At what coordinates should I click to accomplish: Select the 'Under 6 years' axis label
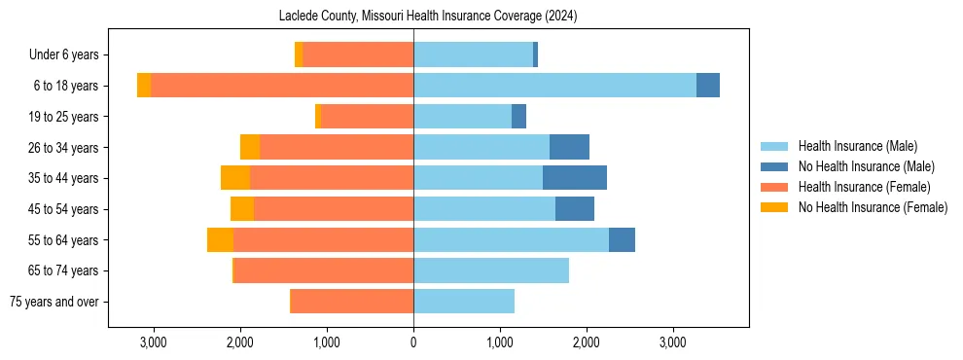69,54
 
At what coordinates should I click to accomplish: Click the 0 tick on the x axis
413,342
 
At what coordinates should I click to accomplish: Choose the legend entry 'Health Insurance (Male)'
857,146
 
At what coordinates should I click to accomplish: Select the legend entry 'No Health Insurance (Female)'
872,207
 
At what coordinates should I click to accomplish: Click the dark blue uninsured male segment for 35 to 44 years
575,178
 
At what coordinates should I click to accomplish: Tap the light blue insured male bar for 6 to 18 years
554,86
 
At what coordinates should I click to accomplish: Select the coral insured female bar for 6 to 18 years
282,86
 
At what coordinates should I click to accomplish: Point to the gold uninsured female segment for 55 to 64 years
220,239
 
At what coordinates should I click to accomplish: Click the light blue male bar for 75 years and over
464,302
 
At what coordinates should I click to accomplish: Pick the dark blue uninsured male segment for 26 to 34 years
569,147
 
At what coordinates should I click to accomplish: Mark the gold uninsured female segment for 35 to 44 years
235,178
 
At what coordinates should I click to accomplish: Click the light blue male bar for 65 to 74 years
491,270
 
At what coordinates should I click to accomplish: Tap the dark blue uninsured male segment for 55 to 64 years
622,239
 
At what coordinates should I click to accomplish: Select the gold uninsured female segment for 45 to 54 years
242,209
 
